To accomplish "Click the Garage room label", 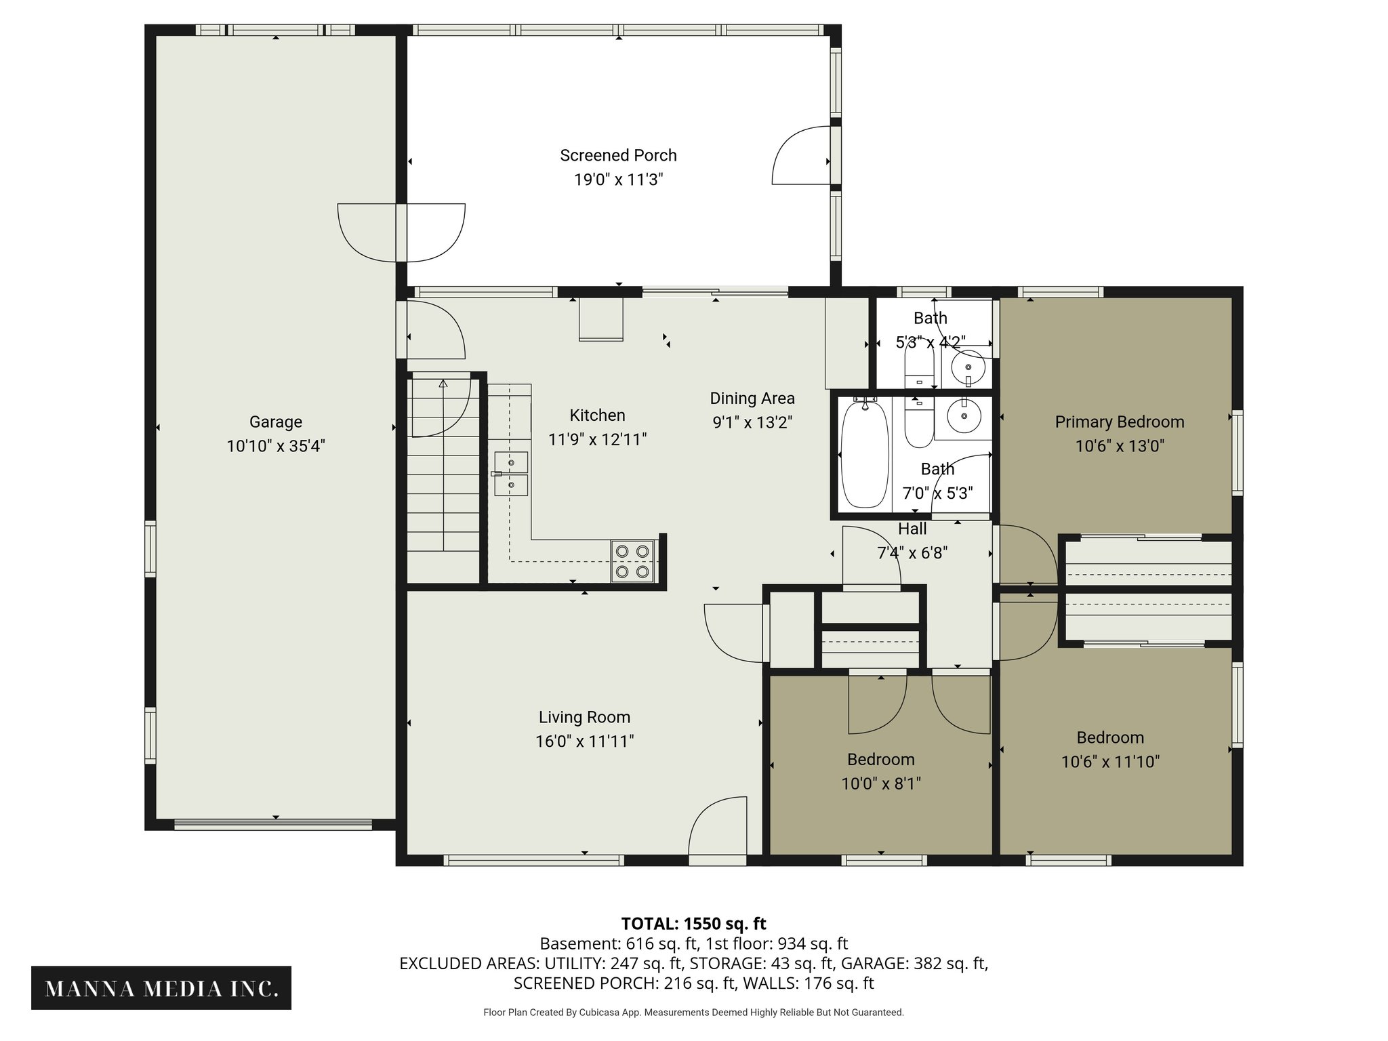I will click(x=275, y=422).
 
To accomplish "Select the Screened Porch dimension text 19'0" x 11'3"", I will click(x=617, y=180).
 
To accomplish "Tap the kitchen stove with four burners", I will click(x=633, y=561).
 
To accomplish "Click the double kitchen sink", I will click(x=511, y=474).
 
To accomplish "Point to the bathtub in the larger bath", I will click(x=864, y=453).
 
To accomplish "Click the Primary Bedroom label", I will click(x=1119, y=422).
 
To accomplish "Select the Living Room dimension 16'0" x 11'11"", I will click(x=584, y=741).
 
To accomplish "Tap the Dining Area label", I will click(x=752, y=398).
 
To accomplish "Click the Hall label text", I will click(x=912, y=529).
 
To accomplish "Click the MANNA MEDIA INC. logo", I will click(x=161, y=989).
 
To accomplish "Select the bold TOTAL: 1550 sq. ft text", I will click(x=693, y=923).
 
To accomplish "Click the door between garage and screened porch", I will click(x=401, y=232).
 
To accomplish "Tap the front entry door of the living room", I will click(x=718, y=830).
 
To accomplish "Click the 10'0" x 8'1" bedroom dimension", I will click(x=880, y=783).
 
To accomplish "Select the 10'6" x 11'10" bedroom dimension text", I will click(x=1110, y=762).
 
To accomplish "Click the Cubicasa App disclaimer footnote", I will click(x=693, y=1013).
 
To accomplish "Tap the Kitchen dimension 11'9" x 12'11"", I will click(x=597, y=439).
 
